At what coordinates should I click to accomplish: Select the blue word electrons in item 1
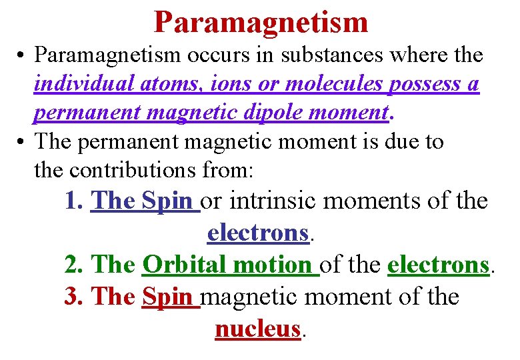pyautogui.click(x=257, y=232)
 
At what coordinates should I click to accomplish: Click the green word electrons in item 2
pyautogui.click(x=438, y=265)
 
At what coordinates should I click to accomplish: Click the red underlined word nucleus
pyautogui.click(x=257, y=328)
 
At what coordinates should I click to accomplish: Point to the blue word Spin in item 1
pyautogui.click(x=169, y=201)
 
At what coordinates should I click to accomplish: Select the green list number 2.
pyautogui.click(x=72, y=265)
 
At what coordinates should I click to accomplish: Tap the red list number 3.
pyautogui.click(x=72, y=296)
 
